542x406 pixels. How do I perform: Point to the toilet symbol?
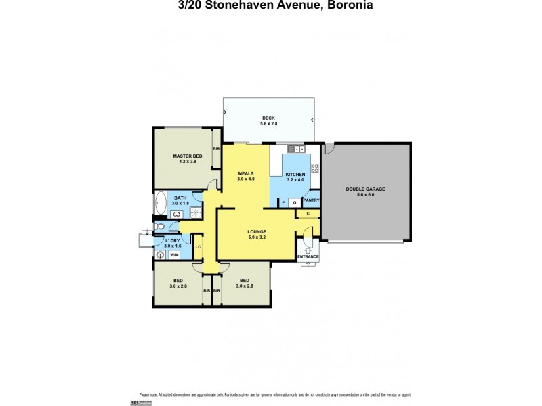tap(160, 227)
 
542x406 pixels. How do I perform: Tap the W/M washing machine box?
tap(174, 255)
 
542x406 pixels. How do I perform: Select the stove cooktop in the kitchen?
tap(315, 167)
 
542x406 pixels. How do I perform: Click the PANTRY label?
tap(311, 200)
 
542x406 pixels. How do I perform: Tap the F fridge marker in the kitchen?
tap(283, 202)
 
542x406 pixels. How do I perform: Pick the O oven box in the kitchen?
tap(295, 202)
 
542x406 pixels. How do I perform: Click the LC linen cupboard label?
tap(198, 247)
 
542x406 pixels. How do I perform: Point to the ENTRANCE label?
tap(308, 256)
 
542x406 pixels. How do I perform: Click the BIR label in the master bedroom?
tap(216, 149)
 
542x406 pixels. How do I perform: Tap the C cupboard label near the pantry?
tap(308, 215)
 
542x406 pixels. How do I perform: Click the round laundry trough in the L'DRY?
tap(160, 255)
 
